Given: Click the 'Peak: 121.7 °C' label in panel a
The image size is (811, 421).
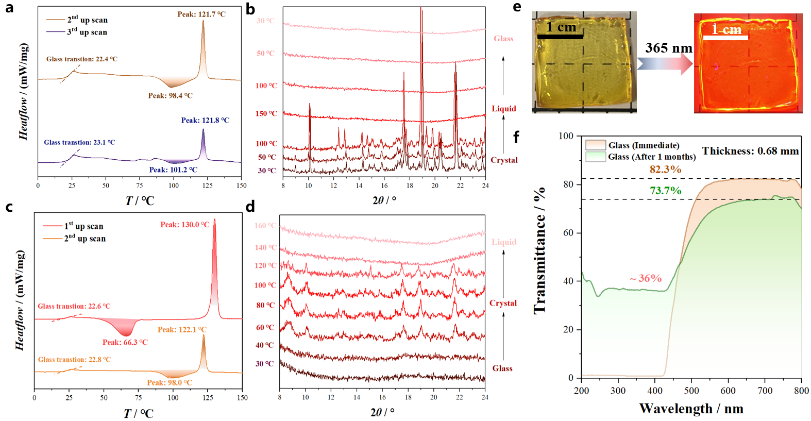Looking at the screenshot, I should point(201,14).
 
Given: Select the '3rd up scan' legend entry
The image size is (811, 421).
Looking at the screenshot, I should point(87,32).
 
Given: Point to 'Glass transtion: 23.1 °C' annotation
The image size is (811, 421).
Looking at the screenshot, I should point(79,142).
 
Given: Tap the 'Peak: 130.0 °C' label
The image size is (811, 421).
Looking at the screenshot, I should point(184,225).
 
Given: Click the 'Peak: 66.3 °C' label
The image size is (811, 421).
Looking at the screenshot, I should point(125,342).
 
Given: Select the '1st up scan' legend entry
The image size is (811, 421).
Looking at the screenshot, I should point(83,226).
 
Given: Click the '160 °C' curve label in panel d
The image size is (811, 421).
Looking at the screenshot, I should point(265,226).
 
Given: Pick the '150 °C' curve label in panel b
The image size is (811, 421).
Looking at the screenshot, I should point(266,113).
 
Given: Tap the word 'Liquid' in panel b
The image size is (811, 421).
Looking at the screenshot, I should point(503,109).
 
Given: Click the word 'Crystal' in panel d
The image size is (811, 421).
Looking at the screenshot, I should point(503,303).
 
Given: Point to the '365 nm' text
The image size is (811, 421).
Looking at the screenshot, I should point(669,48).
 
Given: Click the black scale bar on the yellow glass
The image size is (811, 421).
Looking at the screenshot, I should point(560,37).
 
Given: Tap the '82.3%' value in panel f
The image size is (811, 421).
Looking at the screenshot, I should point(665,170).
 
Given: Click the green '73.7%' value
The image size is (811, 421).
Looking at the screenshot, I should point(665,191).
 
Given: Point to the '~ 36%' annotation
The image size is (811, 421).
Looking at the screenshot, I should point(645,278).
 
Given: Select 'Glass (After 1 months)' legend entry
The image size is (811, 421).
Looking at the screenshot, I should point(651,157).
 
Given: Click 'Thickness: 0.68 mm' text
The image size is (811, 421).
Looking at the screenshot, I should point(750,151).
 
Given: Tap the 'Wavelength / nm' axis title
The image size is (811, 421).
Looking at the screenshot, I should point(691,409).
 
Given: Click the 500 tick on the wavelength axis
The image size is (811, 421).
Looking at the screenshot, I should point(691,391).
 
